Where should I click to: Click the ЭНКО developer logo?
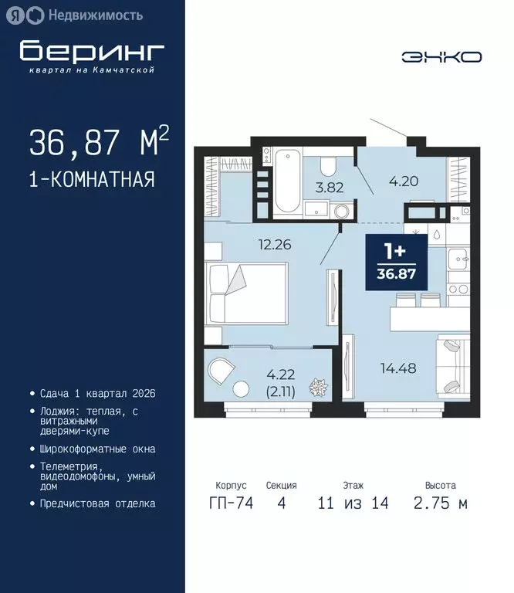point(441,56)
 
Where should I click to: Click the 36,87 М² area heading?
point(98,142)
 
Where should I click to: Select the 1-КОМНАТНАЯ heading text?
point(92,180)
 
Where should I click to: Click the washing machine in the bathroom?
point(341,211)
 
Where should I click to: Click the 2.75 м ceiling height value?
point(440,503)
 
